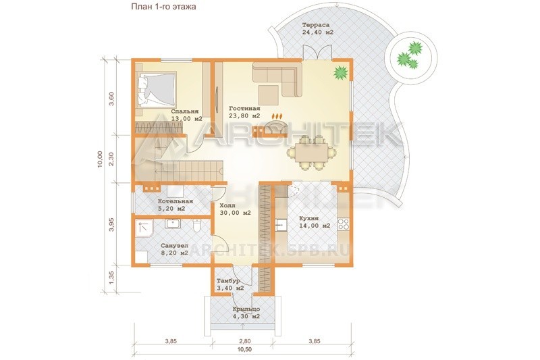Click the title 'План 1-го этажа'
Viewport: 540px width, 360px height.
[x=163, y=7]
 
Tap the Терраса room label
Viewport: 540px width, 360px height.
[x=316, y=25]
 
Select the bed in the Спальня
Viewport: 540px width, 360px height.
[x=157, y=89]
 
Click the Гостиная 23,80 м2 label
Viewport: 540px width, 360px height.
[x=244, y=112]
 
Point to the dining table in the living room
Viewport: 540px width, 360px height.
[x=311, y=153]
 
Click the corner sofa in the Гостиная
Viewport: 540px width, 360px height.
[x=277, y=79]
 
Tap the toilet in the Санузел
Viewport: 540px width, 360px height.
[x=196, y=226]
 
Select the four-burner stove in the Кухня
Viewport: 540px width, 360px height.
[x=344, y=224]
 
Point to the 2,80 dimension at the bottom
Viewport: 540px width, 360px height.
[x=244, y=341]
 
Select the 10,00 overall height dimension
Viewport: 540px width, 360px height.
[x=100, y=159]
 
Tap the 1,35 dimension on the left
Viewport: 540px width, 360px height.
[x=111, y=278]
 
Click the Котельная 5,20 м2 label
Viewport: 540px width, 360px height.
[x=175, y=205]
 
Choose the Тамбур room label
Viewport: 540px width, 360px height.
[x=228, y=281]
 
